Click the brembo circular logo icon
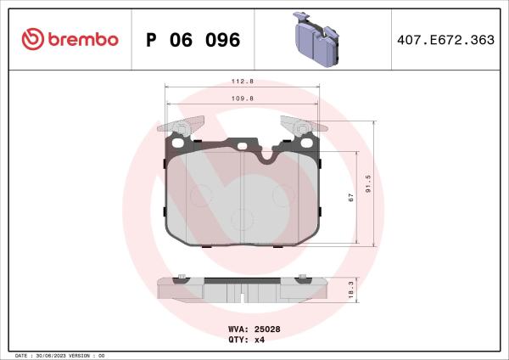[31, 40]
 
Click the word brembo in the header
[81, 40]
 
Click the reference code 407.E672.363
[445, 40]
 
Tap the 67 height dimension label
[349, 197]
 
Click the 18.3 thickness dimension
[349, 289]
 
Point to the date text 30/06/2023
[54, 355]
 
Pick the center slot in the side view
[243, 297]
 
